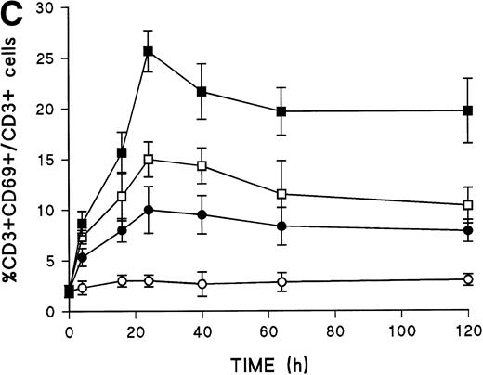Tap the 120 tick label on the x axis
point(468,330)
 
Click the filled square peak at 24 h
point(148,51)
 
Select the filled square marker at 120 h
point(468,110)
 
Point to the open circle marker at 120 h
point(468,278)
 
